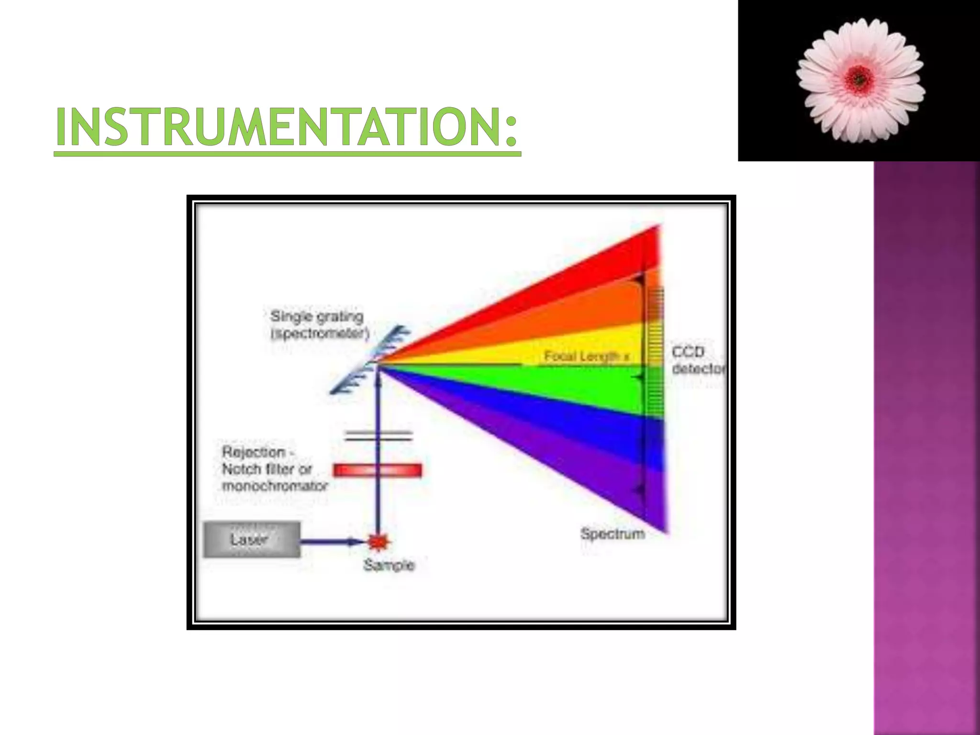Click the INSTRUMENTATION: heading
point(286,126)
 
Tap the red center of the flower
point(859,79)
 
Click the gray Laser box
point(252,540)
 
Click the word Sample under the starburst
point(389,565)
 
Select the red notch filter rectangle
point(378,470)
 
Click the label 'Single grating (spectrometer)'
point(319,325)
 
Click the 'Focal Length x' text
point(587,356)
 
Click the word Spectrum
point(612,534)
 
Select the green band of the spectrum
point(574,388)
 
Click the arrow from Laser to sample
point(330,542)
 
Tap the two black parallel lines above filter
point(378,435)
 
